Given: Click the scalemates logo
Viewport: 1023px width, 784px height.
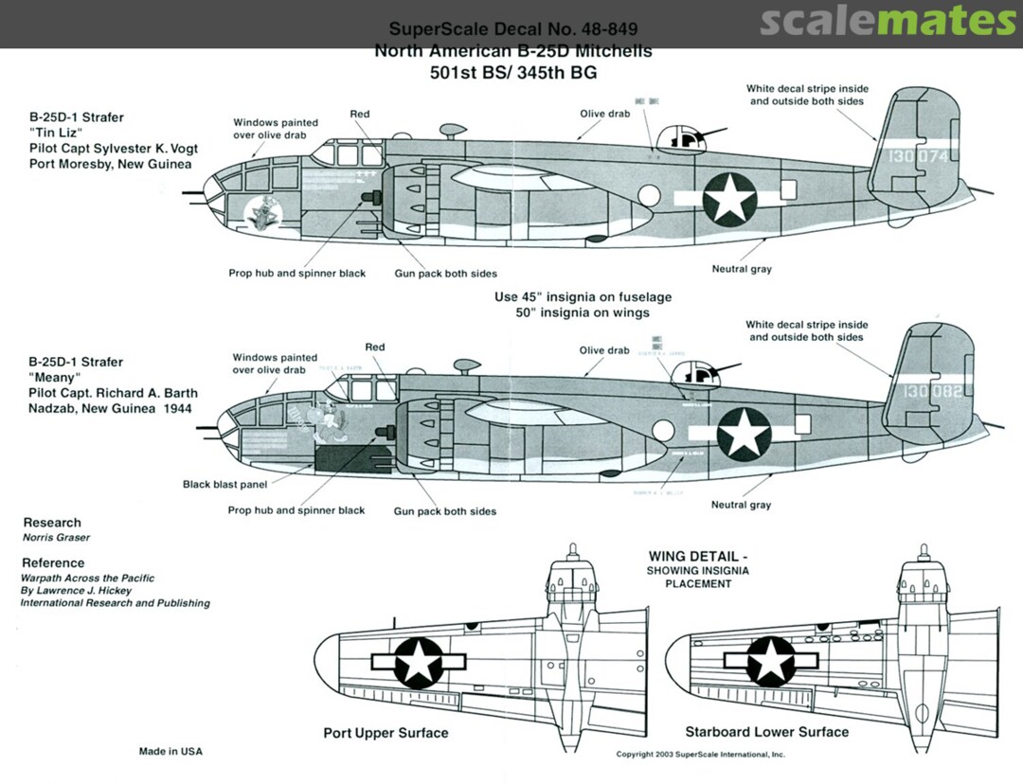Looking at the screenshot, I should coord(888,22).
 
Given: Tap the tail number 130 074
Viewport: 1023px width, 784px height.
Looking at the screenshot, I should coord(912,156).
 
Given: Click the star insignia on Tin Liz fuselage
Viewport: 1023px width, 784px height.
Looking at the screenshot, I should coord(730,199).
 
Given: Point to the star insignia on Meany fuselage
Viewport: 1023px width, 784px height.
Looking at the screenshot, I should coord(745,436).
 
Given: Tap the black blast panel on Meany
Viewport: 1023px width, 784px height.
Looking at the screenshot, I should coord(351,459).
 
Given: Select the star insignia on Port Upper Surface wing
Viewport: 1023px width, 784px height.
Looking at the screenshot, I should coord(417,659).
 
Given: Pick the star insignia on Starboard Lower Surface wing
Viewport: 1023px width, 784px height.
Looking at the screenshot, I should coord(772,659).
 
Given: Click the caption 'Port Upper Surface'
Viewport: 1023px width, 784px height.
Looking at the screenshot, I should coord(386,733).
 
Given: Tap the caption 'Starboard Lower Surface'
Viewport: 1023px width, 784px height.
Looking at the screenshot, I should coord(766,732).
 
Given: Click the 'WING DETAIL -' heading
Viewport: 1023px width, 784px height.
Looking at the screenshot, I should coord(698,557).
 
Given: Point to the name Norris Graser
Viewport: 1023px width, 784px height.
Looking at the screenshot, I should coord(55,538).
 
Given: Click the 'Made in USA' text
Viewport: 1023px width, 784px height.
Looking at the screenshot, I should coord(170,752).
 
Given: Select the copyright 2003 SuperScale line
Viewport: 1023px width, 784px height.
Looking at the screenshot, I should coord(700,755).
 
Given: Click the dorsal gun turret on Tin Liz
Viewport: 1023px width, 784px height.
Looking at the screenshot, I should coord(684,138).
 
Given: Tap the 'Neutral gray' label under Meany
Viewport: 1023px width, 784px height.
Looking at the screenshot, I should coord(742,505).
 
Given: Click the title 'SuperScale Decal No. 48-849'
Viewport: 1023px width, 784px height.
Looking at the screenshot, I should coord(512,29).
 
